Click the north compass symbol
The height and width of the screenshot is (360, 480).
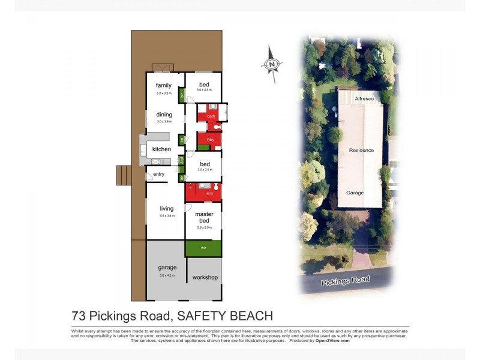pos(272,63)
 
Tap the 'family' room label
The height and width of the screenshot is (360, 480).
pos(164,86)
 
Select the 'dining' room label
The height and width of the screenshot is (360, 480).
pos(164,115)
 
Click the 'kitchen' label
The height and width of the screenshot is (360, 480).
pos(161,149)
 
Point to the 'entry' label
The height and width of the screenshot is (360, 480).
pos(158,175)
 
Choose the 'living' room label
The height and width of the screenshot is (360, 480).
pos(166,209)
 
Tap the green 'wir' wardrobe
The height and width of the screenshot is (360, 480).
pos(203,248)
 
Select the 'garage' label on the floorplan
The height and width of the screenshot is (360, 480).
pos(167,268)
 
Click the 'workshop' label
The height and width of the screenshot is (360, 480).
pos(205,278)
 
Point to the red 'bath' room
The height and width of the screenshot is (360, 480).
pos(211,116)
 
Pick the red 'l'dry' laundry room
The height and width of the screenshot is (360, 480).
pos(210,140)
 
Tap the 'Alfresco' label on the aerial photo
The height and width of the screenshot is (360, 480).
pos(364,98)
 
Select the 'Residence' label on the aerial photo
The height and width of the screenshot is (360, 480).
pos(362,150)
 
